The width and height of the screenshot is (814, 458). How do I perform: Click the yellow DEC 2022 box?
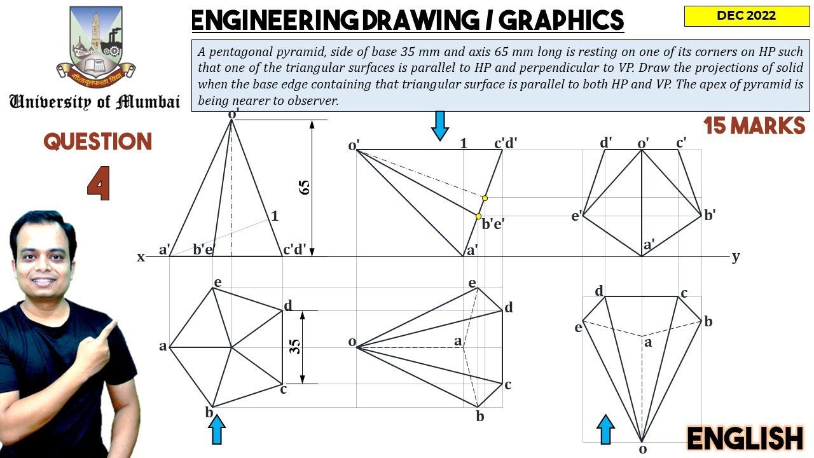click(747, 16)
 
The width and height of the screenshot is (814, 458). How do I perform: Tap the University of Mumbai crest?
click(96, 45)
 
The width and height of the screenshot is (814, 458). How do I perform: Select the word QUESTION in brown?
click(97, 141)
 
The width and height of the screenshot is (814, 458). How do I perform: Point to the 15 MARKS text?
click(754, 126)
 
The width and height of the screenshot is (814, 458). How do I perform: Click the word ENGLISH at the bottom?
click(745, 439)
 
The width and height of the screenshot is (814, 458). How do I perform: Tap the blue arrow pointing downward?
click(439, 126)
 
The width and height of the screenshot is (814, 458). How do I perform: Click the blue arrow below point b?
click(217, 429)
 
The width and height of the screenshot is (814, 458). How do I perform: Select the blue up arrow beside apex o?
click(606, 429)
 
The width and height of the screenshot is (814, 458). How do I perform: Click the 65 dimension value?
click(305, 187)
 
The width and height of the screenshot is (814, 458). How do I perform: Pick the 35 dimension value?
click(296, 347)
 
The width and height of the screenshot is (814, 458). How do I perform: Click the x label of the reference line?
click(141, 257)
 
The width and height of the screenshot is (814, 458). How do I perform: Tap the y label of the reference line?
click(736, 256)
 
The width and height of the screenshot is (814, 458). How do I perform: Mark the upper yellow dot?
click(485, 198)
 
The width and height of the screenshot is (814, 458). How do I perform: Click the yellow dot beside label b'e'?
click(478, 216)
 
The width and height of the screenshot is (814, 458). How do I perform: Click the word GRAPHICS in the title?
click(561, 20)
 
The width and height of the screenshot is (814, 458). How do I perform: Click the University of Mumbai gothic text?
click(95, 102)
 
